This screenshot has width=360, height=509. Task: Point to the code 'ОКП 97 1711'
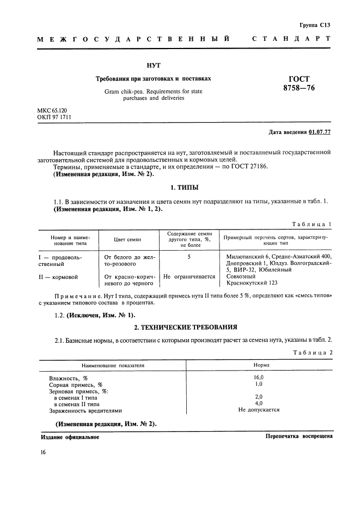(54, 117)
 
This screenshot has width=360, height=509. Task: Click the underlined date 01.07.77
(319, 132)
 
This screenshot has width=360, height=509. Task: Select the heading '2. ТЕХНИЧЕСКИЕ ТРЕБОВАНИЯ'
(185, 327)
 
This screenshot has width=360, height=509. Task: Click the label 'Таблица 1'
(312, 224)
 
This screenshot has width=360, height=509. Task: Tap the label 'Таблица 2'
(312, 353)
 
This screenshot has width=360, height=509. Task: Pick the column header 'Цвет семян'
(127, 239)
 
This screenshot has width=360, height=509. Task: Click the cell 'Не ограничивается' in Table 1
(189, 277)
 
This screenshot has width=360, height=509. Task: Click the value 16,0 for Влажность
(259, 378)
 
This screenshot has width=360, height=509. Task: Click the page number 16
(43, 453)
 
